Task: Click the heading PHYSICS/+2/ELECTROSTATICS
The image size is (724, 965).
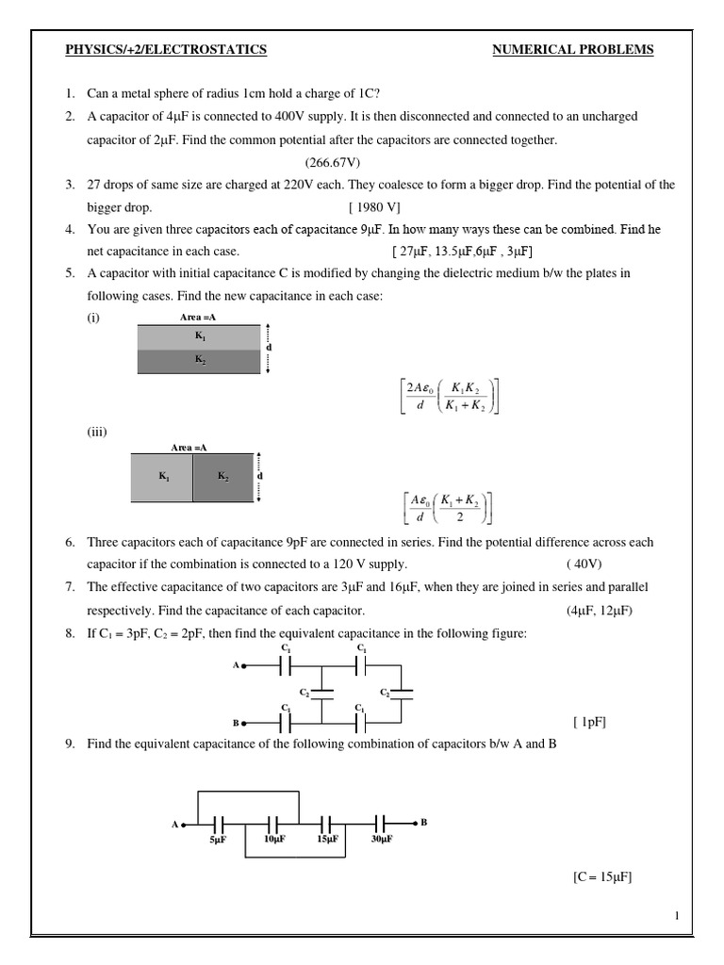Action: pyautogui.click(x=165, y=50)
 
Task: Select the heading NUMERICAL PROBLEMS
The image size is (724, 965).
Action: pyautogui.click(x=573, y=50)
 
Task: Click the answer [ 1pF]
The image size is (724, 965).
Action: pyautogui.click(x=589, y=723)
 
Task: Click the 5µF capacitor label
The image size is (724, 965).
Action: pyautogui.click(x=219, y=838)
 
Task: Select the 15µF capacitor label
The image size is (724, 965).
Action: pyautogui.click(x=327, y=838)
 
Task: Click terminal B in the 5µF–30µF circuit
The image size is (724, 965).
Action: pyautogui.click(x=423, y=822)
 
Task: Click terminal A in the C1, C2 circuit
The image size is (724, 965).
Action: pyautogui.click(x=239, y=665)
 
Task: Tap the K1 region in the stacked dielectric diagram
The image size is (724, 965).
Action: pyautogui.click(x=199, y=336)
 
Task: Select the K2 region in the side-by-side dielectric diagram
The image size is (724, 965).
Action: pyautogui.click(x=223, y=477)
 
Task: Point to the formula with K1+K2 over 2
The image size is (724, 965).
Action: pyautogui.click(x=446, y=505)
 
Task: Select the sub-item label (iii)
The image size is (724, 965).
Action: pyautogui.click(x=98, y=433)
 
